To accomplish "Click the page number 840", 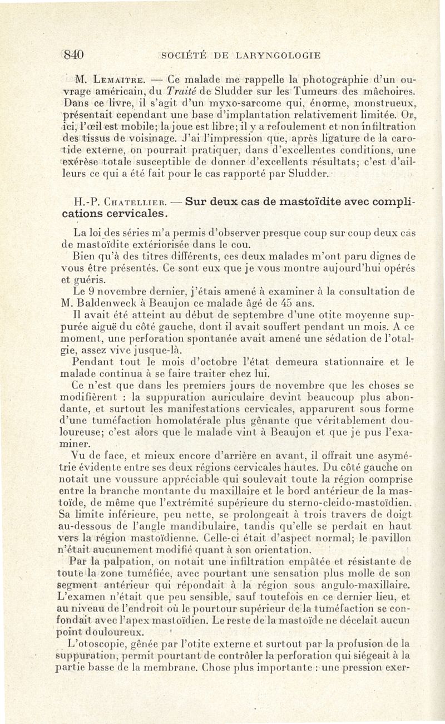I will (73, 55).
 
